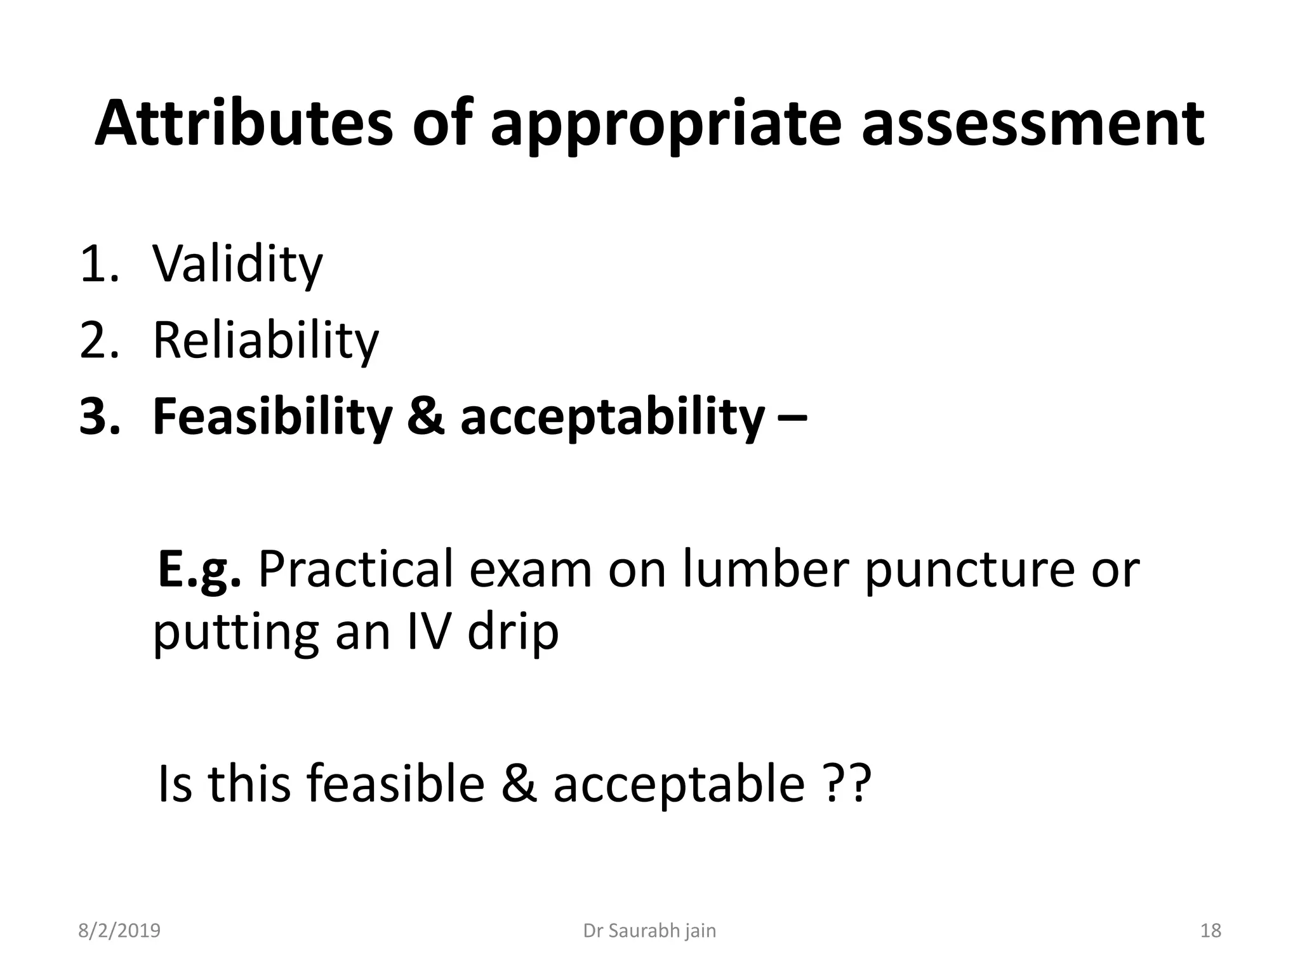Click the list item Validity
click(237, 264)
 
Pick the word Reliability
click(265, 341)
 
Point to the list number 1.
click(98, 264)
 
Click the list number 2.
click(99, 341)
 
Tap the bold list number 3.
click(99, 417)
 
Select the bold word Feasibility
click(272, 417)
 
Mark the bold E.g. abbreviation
click(199, 569)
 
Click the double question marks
click(848, 785)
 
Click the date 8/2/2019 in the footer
click(119, 931)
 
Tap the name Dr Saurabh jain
click(649, 931)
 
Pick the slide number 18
click(1210, 931)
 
